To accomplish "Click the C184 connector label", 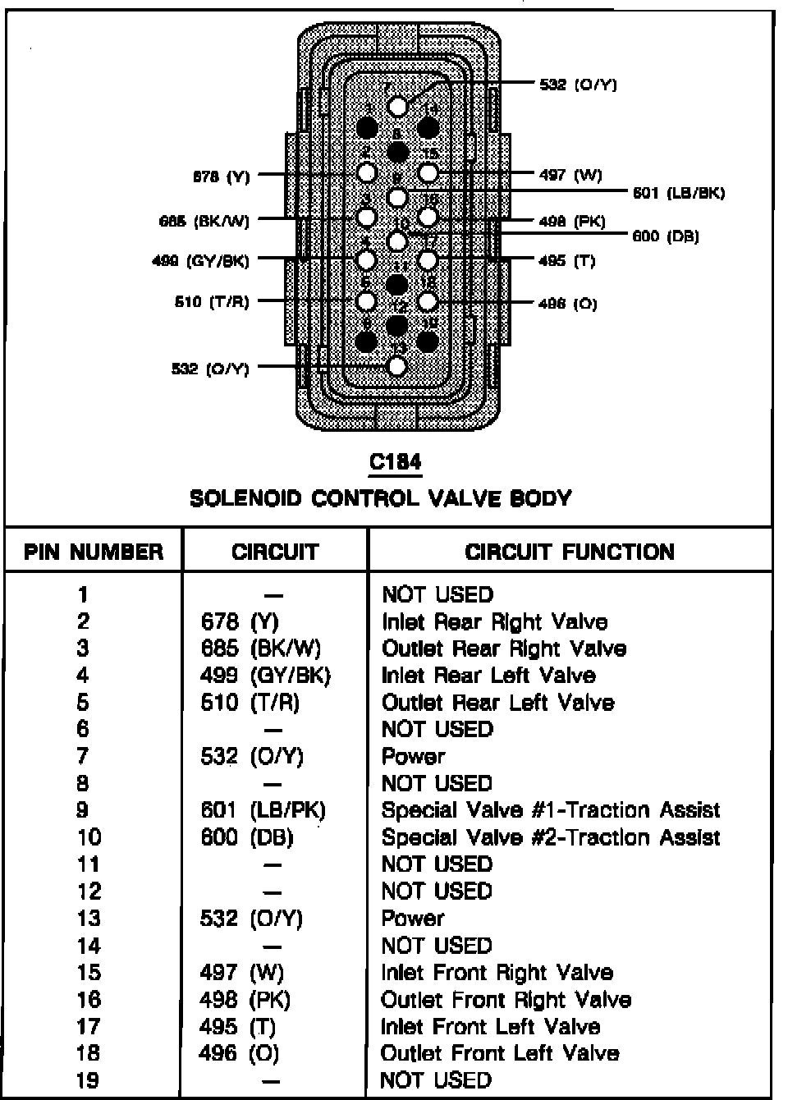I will click(396, 462).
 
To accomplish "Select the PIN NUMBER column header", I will click(94, 552).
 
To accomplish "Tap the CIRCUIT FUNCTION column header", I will click(570, 552).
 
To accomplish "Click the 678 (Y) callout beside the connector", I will click(221, 176).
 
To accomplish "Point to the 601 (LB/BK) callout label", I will click(679, 193).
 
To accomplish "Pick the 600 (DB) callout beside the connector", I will click(666, 236).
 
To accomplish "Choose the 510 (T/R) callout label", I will click(212, 302).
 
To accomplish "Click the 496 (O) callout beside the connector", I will click(567, 304).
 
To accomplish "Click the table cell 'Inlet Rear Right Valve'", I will click(495, 621).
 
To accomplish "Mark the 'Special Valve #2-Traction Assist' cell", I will click(551, 837).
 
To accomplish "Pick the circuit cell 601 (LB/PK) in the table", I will click(263, 810).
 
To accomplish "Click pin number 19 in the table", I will click(88, 1079).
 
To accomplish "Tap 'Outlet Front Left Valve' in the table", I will click(500, 1052).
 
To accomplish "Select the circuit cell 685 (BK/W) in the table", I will click(261, 649).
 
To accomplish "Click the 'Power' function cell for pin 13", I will click(413, 918).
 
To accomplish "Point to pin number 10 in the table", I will click(89, 837).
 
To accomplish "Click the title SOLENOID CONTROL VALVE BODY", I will click(380, 498).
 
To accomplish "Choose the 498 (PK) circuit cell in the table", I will click(245, 999).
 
